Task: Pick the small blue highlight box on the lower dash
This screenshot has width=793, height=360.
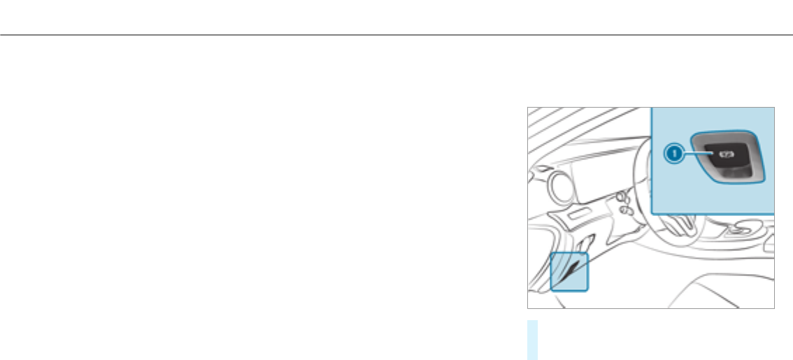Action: (570, 272)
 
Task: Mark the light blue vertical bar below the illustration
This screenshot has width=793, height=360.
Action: (532, 340)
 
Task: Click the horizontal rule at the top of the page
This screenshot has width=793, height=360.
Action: (396, 34)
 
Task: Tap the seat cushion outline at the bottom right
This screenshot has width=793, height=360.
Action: (727, 287)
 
